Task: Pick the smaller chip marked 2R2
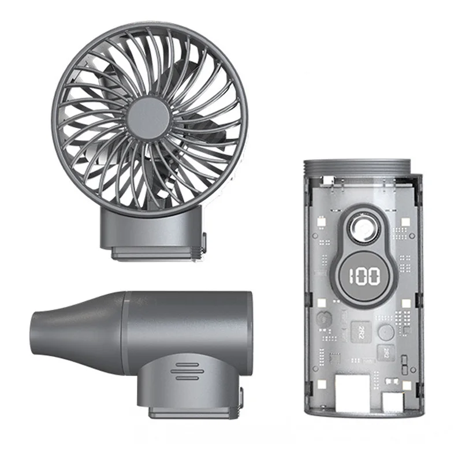[385, 351]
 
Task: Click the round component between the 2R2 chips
[385, 331]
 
